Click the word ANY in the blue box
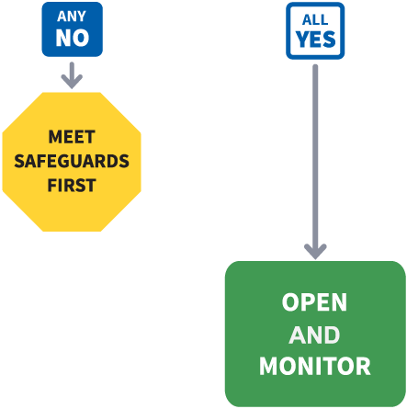(x=72, y=17)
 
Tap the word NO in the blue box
(x=73, y=38)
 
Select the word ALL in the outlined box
(x=315, y=20)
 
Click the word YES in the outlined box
(x=315, y=40)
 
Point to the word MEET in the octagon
(x=72, y=137)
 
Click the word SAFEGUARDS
(x=72, y=161)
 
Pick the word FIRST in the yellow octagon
(x=72, y=186)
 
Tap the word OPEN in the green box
(x=314, y=302)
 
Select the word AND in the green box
(x=314, y=335)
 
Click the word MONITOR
(x=315, y=366)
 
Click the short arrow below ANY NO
(x=72, y=75)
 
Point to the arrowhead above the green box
(x=315, y=252)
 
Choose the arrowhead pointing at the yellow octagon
(x=72, y=82)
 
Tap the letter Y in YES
(x=301, y=40)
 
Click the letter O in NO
(x=81, y=38)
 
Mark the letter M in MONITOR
(x=268, y=366)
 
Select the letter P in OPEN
(x=306, y=302)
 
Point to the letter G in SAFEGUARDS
(x=65, y=161)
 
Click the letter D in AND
(x=333, y=335)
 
